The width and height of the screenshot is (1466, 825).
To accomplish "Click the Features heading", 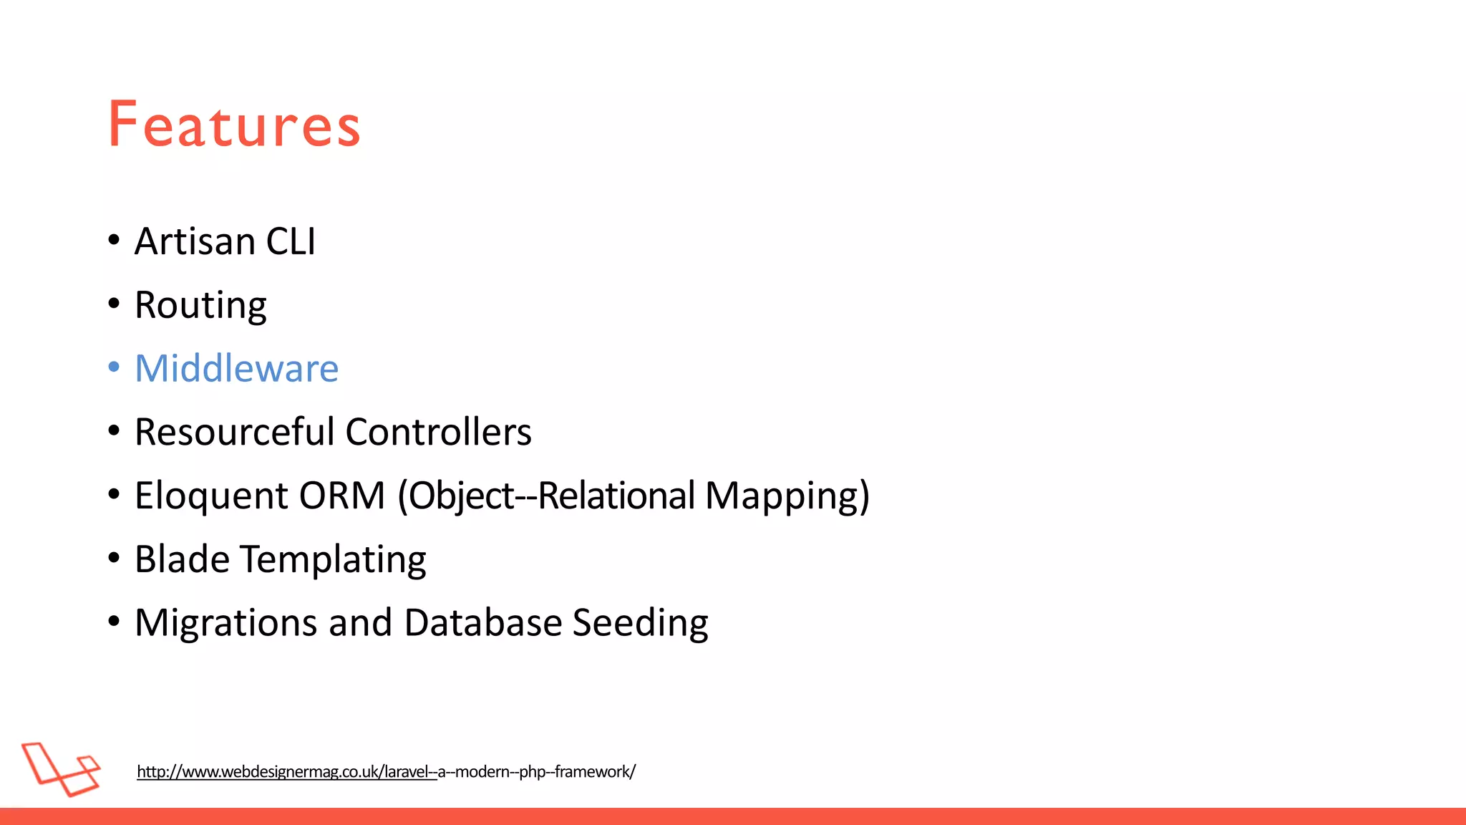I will coord(234,125).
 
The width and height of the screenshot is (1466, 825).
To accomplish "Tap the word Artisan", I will coord(195,241).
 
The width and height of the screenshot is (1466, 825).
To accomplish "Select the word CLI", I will coord(291,241).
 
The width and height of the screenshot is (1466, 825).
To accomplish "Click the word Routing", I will coord(200,306).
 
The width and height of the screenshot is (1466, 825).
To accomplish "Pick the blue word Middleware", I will coord(236,369).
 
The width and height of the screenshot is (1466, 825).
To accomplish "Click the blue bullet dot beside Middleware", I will coord(114,367).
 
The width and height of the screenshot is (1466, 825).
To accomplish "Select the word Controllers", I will coord(438,432).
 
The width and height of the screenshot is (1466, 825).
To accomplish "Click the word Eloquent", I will coord(211,496).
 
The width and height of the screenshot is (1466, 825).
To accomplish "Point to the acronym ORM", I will coord(342,496).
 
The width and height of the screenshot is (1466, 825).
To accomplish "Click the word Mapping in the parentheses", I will coord(787,496).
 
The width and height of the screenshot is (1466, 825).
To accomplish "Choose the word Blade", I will coord(181,559).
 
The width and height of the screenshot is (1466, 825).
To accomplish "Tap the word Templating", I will coord(333,560).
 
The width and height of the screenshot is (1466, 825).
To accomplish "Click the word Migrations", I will coord(225,623).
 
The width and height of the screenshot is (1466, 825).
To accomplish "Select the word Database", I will coord(483,622).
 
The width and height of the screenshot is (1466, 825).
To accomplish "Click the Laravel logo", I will coord(61,769).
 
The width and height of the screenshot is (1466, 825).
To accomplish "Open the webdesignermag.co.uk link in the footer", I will coord(386,771).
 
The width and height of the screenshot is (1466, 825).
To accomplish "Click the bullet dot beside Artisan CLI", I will coord(114,240).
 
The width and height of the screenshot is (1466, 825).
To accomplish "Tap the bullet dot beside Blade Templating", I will coord(114,558).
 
